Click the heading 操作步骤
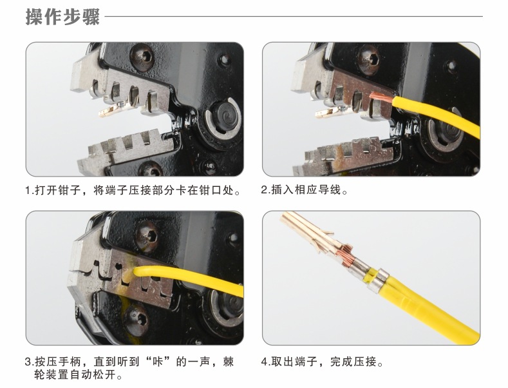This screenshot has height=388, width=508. tap(62, 16)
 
